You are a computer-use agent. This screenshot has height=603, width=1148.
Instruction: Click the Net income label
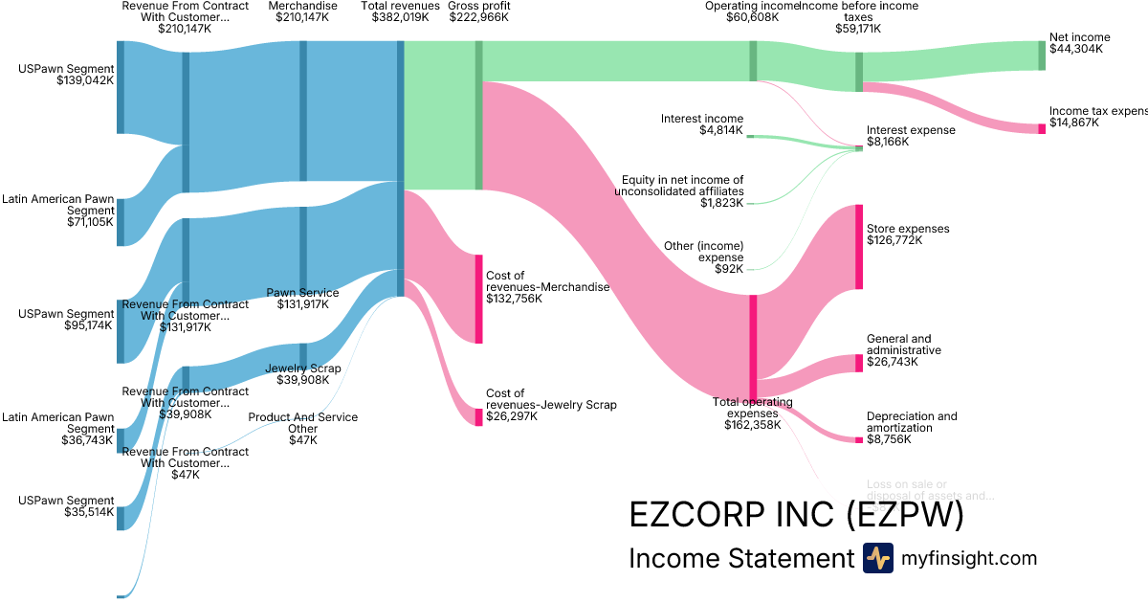(1079, 37)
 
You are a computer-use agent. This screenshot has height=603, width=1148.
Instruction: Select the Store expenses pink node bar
(859, 247)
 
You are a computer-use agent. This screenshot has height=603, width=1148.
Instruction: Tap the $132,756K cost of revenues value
(514, 299)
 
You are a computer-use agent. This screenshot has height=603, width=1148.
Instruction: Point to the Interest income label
(701, 119)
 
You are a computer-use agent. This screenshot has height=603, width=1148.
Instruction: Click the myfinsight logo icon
(877, 558)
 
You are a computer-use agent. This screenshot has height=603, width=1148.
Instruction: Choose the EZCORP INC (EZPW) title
(795, 515)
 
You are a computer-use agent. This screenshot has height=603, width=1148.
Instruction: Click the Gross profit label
(478, 6)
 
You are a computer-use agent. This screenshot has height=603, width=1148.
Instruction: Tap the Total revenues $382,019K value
(401, 17)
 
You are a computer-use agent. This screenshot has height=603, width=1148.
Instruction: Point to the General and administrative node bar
(859, 364)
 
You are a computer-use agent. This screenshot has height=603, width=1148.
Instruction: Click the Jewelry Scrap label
(302, 368)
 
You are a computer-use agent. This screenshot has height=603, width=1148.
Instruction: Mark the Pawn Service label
(302, 293)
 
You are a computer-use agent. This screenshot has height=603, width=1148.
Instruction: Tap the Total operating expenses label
(752, 407)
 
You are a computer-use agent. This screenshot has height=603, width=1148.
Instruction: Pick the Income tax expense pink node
(1042, 128)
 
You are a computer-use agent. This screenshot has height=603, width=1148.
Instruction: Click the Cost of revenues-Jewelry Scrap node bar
(478, 416)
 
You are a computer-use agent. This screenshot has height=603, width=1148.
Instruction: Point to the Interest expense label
(910, 130)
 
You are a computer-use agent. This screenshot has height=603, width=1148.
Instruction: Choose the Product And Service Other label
(303, 423)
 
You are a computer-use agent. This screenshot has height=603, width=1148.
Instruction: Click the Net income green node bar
(1042, 56)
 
